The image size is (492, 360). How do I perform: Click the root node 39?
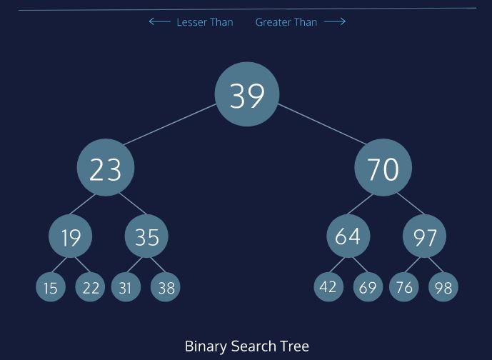click(247, 94)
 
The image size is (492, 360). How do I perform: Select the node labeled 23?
click(106, 169)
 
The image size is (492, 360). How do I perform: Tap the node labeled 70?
click(383, 169)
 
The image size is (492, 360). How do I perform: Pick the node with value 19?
click(71, 236)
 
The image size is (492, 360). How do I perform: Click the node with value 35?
click(146, 236)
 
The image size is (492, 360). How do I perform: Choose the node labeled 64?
click(348, 236)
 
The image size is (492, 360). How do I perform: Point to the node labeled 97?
click(424, 236)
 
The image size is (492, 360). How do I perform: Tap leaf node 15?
click(50, 288)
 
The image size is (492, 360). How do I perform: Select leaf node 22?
click(91, 287)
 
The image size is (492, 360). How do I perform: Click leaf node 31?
click(126, 288)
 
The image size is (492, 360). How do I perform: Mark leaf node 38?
click(166, 288)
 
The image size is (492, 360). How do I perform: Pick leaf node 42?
click(328, 286)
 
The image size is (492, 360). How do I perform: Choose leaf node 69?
click(368, 288)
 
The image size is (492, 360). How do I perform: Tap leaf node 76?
click(403, 288)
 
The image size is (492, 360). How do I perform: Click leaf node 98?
click(443, 288)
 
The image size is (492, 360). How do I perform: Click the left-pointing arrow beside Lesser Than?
click(159, 22)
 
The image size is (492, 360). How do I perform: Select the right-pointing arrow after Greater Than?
click(334, 22)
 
